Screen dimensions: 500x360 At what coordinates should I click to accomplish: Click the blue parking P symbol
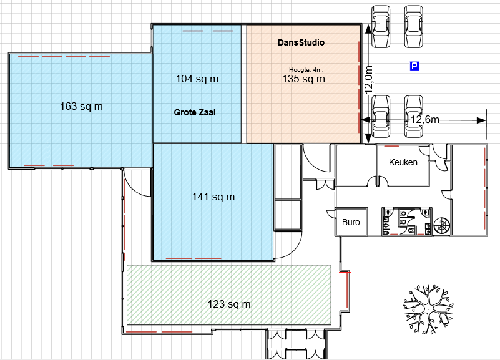[x=414, y=66]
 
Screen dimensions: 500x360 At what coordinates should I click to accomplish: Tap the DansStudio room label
[x=301, y=42]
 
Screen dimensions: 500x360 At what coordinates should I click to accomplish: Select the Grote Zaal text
[x=195, y=112]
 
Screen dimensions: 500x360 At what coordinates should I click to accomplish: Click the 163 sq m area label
[x=81, y=106]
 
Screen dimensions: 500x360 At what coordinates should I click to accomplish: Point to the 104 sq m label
[x=197, y=79]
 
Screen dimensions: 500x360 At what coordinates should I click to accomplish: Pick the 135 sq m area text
[x=303, y=79]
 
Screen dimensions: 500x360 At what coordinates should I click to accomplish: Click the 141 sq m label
[x=213, y=197]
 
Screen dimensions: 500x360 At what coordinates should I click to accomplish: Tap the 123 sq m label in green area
[x=229, y=304]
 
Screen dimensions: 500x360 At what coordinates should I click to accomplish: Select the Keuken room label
[x=403, y=162]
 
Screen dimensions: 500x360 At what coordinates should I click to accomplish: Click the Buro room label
[x=351, y=222]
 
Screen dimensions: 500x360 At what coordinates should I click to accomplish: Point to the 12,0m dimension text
[x=369, y=80]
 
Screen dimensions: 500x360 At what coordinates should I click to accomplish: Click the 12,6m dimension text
[x=424, y=119]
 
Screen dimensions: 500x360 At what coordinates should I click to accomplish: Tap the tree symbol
[x=428, y=308]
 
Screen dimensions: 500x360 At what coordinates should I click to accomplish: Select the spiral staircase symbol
[x=442, y=226]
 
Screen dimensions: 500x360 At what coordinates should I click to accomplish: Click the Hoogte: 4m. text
[x=306, y=70]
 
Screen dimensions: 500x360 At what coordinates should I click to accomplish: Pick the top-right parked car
[x=414, y=26]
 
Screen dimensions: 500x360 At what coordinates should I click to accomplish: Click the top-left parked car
[x=381, y=26]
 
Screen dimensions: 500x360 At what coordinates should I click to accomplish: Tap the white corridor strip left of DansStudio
[x=244, y=84]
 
